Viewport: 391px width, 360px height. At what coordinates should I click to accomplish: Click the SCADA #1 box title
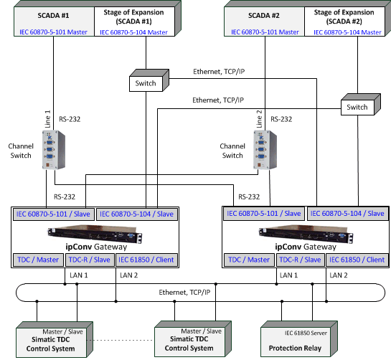tap(53, 16)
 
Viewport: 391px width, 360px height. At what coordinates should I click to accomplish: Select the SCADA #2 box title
tap(263, 16)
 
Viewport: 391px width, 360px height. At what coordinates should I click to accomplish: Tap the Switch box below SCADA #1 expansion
tap(149, 80)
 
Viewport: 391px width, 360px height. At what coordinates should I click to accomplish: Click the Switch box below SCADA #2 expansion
tap(361, 105)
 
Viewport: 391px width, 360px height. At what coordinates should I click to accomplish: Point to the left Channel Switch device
tap(54, 150)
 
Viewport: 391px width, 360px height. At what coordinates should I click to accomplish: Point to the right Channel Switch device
tap(265, 150)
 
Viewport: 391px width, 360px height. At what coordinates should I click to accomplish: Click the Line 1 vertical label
tap(47, 119)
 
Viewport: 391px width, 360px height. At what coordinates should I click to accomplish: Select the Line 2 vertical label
tap(259, 119)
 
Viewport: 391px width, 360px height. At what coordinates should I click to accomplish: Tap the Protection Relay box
tap(299, 339)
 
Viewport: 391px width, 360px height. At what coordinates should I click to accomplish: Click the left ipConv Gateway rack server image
tap(95, 234)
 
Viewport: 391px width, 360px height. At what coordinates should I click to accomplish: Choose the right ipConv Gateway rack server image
tap(306, 234)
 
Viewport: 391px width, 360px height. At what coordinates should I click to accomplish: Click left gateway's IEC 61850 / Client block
tap(146, 260)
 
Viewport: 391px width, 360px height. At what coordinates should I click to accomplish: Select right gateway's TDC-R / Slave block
tap(300, 260)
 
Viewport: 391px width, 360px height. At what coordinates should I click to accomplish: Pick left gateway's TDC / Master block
tap(38, 260)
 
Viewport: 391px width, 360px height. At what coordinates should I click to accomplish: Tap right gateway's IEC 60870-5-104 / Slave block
tap(347, 214)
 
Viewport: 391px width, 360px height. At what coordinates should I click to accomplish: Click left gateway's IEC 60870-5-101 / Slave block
tap(53, 214)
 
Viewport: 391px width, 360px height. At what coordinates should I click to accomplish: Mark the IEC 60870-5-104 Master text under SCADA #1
tap(133, 32)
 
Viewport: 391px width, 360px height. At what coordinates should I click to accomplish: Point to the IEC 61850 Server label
tap(306, 333)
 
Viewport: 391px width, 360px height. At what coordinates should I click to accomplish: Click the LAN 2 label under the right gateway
tap(339, 275)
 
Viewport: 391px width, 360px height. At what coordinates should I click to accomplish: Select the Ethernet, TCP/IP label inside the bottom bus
tap(184, 292)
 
